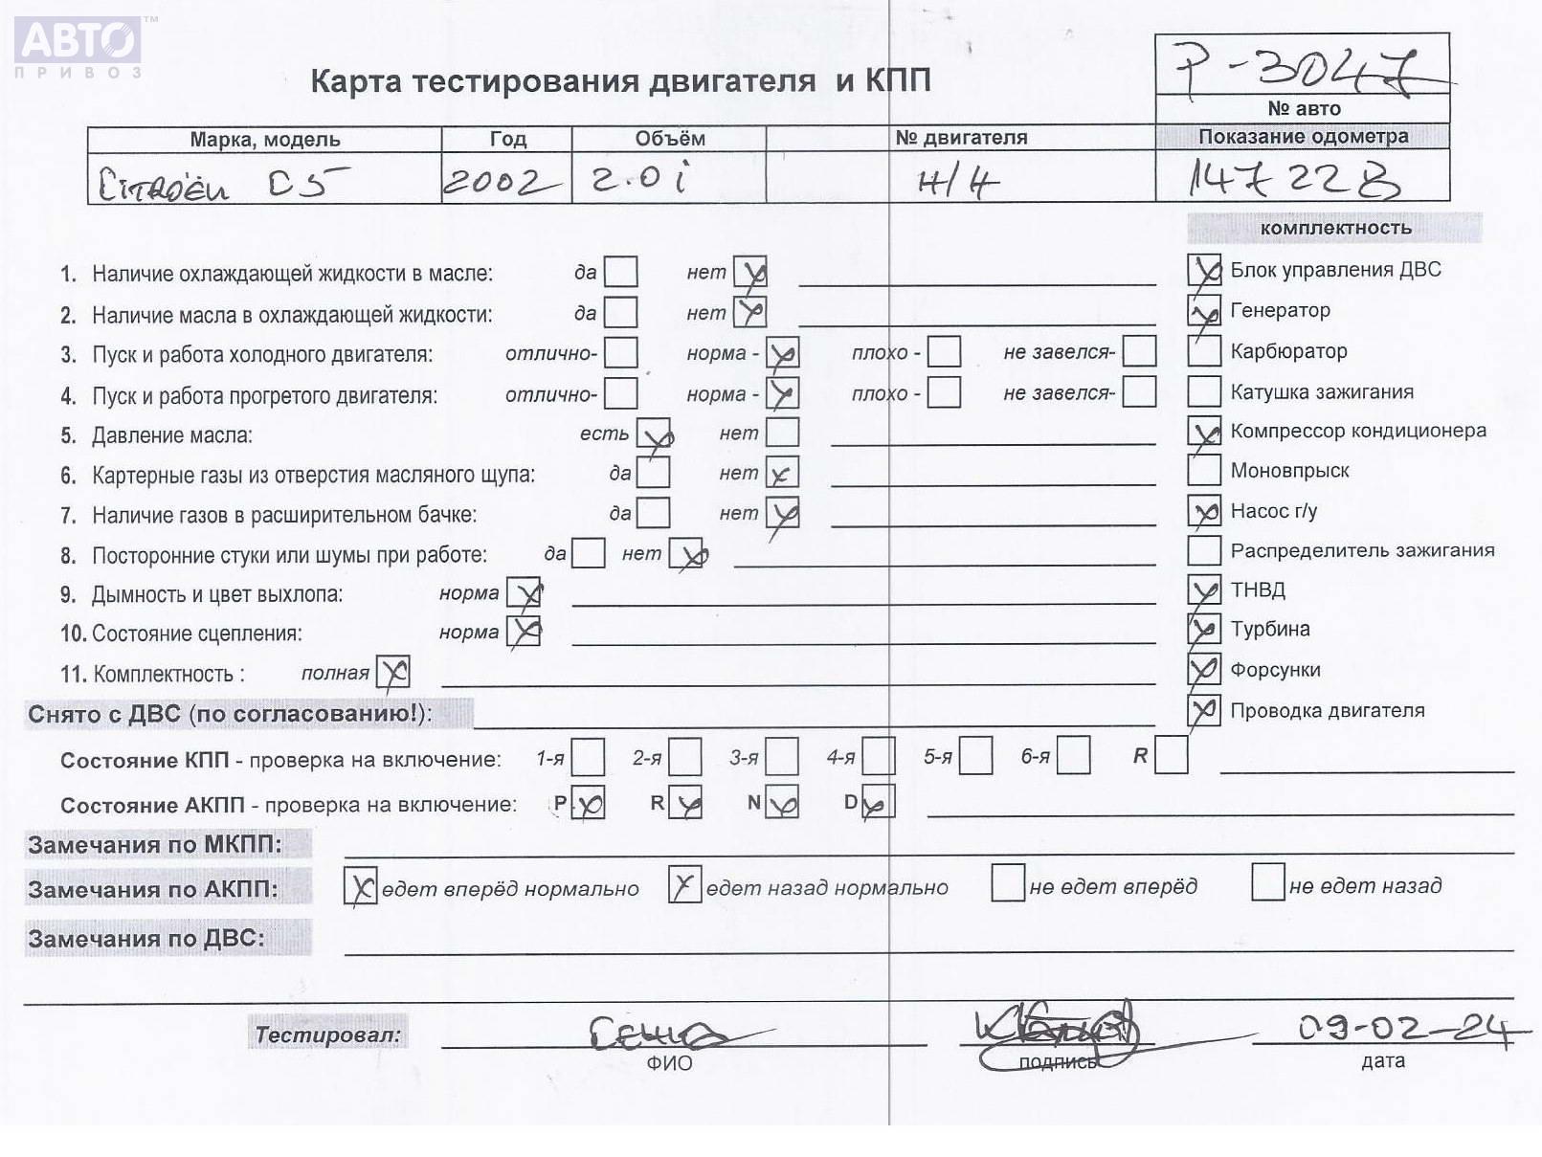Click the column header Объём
coord(669,139)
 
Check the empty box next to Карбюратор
coord(1203,350)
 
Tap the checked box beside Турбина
coord(1203,629)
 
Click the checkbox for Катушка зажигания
coord(1203,390)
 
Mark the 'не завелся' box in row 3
coord(1139,351)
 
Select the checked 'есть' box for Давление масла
coord(654,434)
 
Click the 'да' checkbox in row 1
coord(620,272)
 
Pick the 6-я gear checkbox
coord(1073,756)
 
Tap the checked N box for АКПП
coord(782,803)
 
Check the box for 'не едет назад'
coord(1267,882)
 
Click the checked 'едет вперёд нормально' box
coord(360,887)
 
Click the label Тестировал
coord(327,1034)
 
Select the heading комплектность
coord(1334,228)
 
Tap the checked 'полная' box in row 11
coord(392,672)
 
